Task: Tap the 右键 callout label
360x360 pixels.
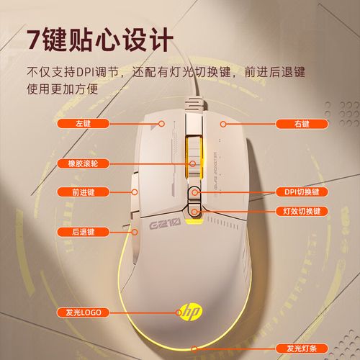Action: pyautogui.click(x=301, y=123)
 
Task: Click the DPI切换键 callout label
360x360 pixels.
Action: pyautogui.click(x=301, y=192)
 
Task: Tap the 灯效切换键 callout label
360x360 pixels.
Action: pyautogui.click(x=301, y=212)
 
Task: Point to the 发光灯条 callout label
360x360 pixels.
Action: pyautogui.click(x=301, y=348)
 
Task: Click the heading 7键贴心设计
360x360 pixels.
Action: pyautogui.click(x=96, y=38)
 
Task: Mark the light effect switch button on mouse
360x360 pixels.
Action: pyautogui.click(x=194, y=211)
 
